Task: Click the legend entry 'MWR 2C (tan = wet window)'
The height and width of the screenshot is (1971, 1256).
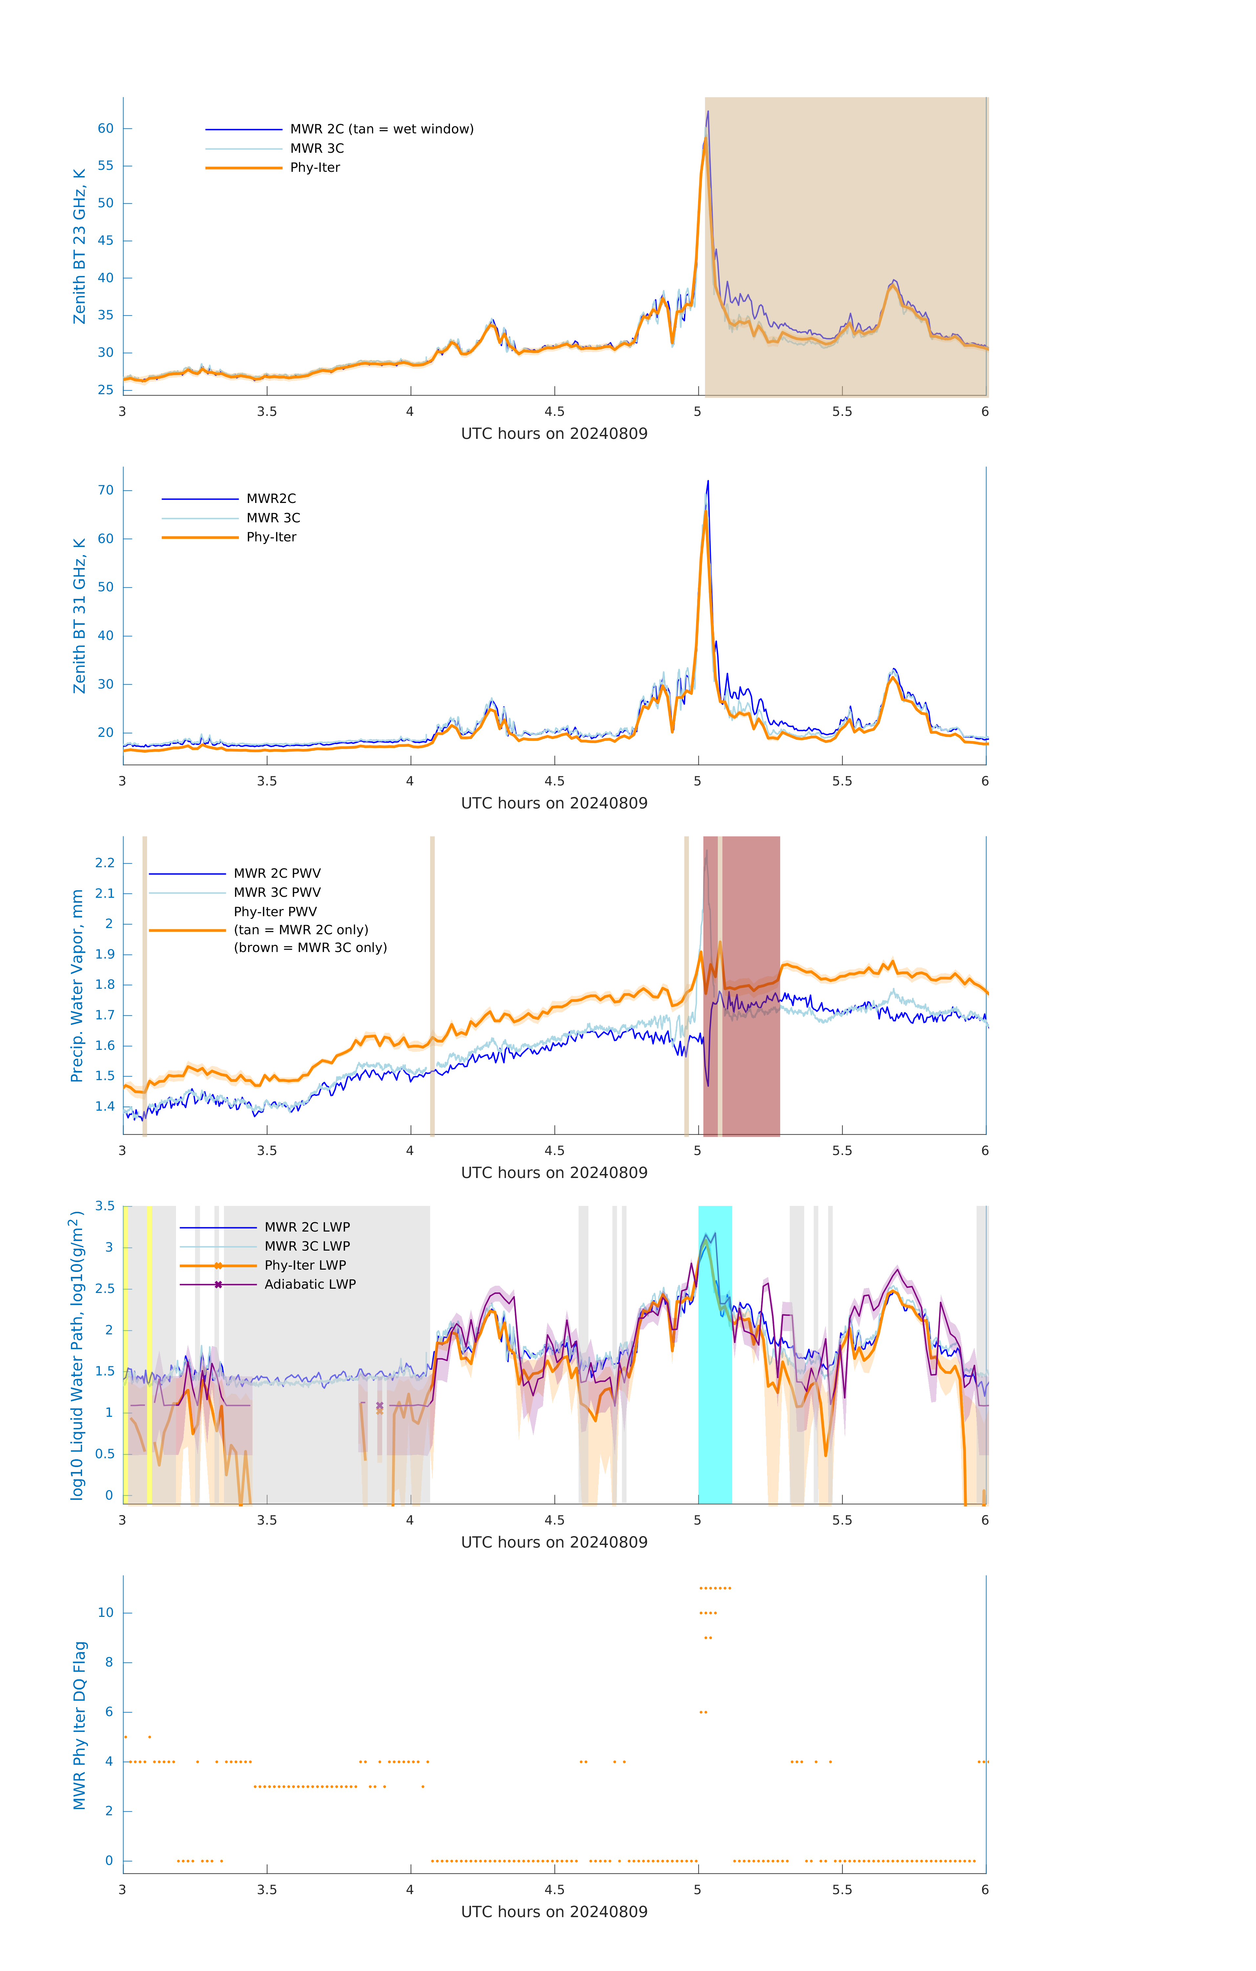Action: point(381,129)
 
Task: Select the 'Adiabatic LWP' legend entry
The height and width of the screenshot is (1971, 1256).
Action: point(310,1284)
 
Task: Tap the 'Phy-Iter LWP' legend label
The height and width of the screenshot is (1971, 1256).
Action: point(305,1265)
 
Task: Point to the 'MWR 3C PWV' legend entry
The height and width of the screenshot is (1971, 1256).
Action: point(277,892)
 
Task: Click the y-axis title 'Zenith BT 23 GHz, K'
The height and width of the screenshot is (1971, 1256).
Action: point(79,246)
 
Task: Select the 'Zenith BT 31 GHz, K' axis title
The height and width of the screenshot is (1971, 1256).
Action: point(79,616)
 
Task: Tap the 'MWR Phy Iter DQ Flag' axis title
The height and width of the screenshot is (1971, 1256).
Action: point(79,1725)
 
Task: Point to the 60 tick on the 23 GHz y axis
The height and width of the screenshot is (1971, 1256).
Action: point(105,128)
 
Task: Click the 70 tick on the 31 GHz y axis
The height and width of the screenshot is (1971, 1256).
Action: point(105,490)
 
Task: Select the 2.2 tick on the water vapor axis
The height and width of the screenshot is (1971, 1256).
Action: point(105,863)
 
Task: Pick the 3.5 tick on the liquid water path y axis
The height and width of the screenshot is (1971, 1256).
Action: point(105,1206)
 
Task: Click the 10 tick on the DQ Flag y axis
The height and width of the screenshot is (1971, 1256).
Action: point(105,1613)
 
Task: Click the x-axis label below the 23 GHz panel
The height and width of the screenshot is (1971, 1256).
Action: point(554,434)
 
